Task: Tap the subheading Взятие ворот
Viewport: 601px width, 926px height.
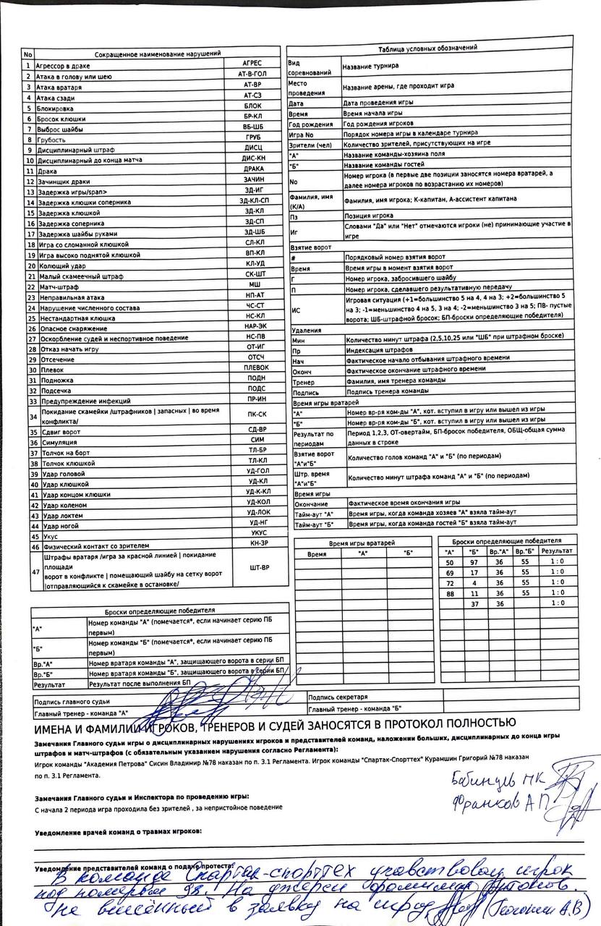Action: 311,247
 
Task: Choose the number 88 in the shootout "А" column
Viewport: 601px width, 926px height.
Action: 449,593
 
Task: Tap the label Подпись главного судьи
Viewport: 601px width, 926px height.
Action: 72,701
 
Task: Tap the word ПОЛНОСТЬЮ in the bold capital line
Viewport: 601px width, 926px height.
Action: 472,723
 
